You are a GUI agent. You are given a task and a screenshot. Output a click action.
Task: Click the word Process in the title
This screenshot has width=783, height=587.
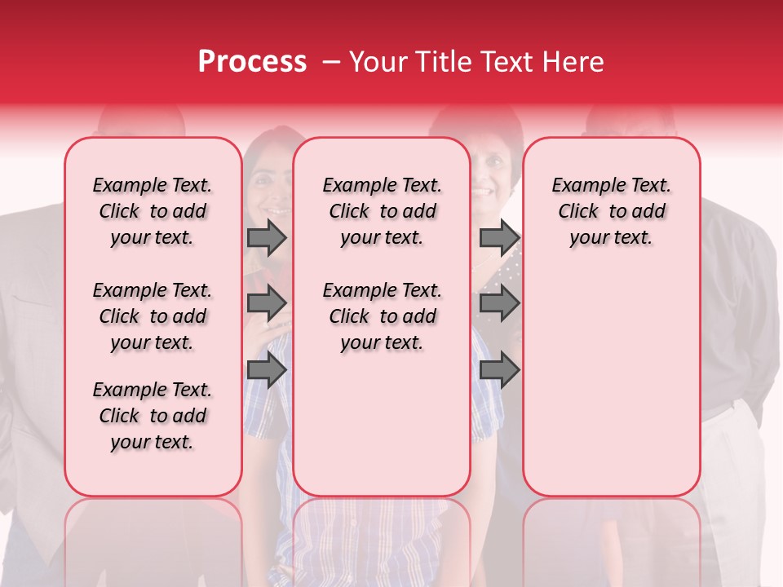click(252, 62)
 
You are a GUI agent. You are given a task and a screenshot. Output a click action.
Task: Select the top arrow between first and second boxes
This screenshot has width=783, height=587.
click(267, 238)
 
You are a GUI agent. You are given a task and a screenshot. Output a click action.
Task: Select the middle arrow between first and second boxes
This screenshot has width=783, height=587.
click(267, 304)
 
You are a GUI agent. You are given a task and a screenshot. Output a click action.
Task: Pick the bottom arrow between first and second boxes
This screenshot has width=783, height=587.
click(267, 370)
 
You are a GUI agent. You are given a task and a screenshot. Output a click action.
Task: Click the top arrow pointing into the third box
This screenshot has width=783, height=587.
click(499, 238)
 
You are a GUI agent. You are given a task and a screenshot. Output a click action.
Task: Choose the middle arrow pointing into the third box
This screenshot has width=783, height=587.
click(499, 304)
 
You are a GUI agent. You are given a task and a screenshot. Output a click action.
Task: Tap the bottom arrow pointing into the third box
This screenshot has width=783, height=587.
click(499, 370)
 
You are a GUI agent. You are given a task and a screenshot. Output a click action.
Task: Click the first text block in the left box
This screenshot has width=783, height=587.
click(153, 211)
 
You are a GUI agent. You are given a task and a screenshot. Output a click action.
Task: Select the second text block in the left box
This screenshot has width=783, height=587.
click(153, 316)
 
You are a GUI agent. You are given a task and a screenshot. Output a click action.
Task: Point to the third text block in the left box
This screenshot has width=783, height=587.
click(153, 416)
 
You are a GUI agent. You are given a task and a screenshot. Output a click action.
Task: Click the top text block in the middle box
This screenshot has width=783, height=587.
click(382, 211)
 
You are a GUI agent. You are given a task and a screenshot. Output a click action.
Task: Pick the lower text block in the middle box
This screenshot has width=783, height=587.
click(382, 316)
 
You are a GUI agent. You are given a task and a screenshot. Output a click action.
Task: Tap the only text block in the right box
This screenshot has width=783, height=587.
click(611, 211)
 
